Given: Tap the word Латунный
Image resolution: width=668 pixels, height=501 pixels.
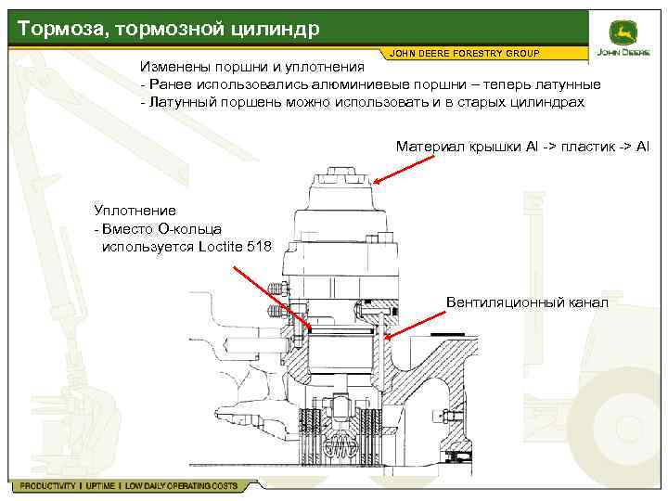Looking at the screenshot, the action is tap(179, 101).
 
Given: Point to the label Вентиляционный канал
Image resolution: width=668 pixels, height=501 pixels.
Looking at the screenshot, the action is tap(527, 302).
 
